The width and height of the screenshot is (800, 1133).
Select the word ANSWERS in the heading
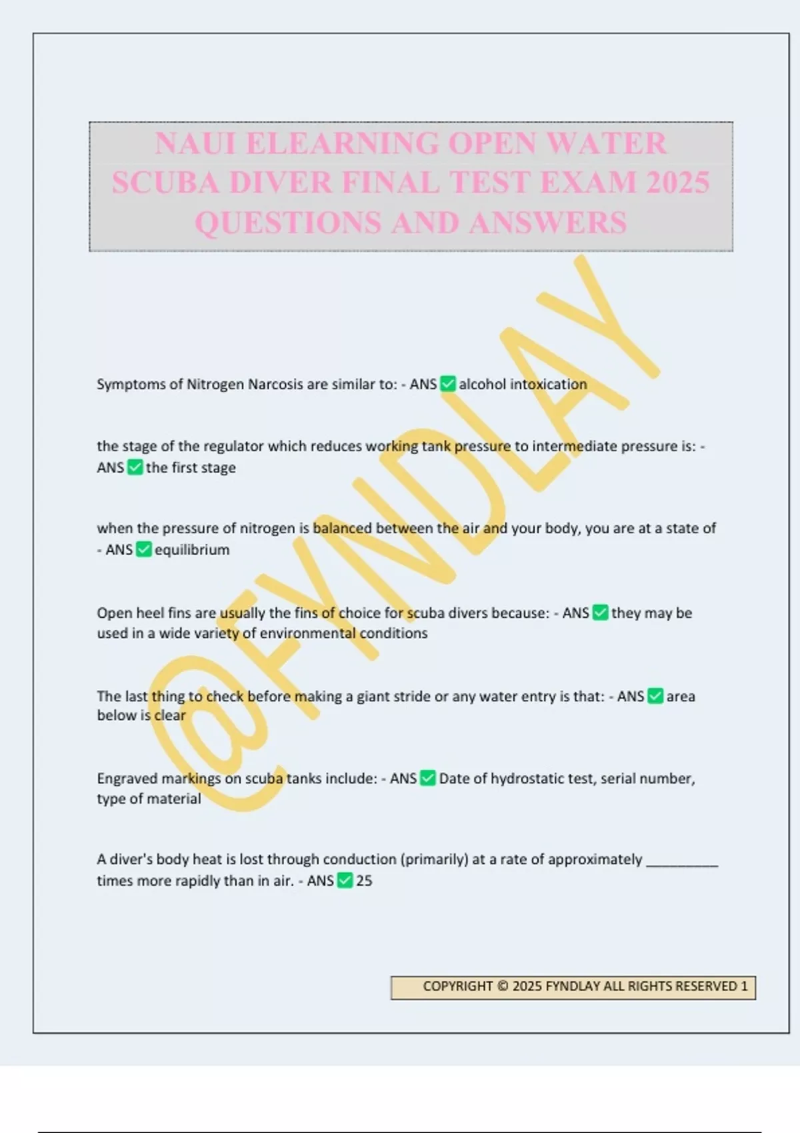pos(547,223)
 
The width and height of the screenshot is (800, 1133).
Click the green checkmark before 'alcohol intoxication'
pos(448,384)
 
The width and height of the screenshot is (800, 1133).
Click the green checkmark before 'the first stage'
pos(135,467)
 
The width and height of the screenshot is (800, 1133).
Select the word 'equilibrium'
pos(192,550)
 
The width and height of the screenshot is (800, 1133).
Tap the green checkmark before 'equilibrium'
pos(143,550)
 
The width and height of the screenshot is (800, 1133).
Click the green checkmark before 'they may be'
pos(600,612)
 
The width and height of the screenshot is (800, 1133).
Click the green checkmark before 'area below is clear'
pos(655,696)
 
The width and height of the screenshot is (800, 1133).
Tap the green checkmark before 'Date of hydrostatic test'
pos(428,778)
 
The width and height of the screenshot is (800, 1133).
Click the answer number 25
pos(364,881)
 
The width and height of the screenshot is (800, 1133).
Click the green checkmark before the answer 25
pos(345,881)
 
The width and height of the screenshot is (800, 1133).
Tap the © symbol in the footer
pos(503,986)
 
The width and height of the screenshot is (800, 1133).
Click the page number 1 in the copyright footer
pos(744,986)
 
